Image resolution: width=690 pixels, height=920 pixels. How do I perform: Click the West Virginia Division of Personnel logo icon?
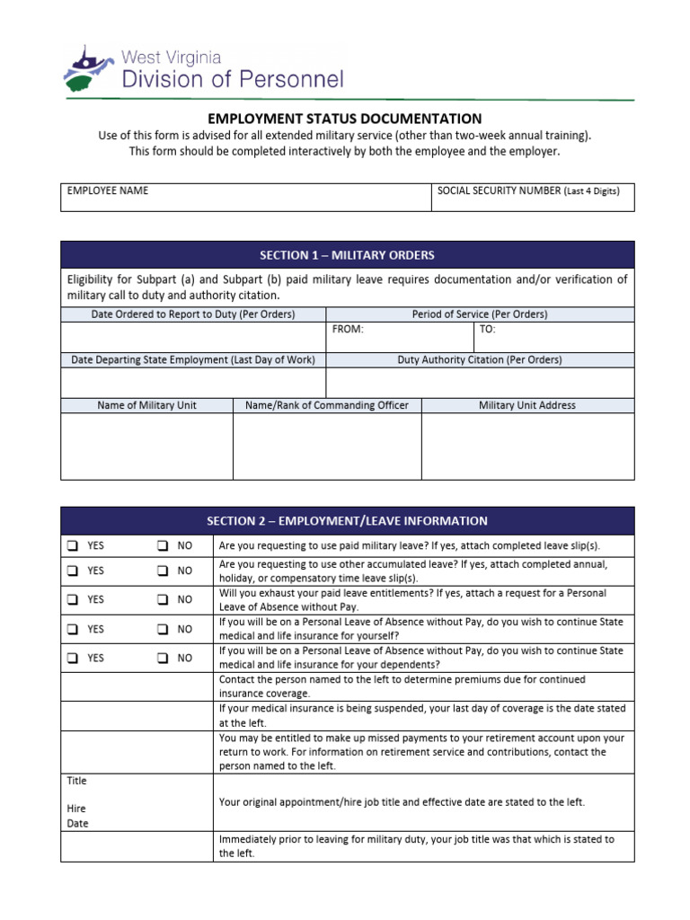tap(89, 68)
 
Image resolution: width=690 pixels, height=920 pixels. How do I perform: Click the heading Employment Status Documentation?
tap(345, 119)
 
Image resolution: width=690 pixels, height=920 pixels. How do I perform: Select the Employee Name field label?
tap(107, 190)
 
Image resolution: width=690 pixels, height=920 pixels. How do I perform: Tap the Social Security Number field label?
tap(527, 190)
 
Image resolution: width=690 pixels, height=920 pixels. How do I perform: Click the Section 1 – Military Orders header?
tap(347, 255)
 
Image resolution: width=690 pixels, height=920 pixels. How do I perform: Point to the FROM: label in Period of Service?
tap(348, 330)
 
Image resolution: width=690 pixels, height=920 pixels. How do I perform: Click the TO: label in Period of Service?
tap(488, 330)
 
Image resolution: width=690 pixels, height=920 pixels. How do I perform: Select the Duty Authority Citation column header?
tap(480, 359)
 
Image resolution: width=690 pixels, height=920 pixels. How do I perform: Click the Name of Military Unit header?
tap(146, 405)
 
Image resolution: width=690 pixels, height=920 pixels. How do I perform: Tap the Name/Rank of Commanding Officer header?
tap(327, 405)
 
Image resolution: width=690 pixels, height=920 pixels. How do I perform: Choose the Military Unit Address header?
tap(527, 405)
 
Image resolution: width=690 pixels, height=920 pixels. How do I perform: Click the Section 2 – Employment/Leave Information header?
tap(347, 521)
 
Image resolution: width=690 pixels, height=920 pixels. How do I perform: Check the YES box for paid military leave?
tap(71, 546)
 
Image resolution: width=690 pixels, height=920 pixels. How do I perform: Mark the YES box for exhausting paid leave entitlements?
tap(71, 600)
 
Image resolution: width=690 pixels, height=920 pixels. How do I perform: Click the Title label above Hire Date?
tap(76, 781)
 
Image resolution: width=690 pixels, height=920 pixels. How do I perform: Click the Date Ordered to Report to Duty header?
tap(193, 314)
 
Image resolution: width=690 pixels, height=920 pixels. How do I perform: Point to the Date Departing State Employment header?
tap(193, 359)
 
